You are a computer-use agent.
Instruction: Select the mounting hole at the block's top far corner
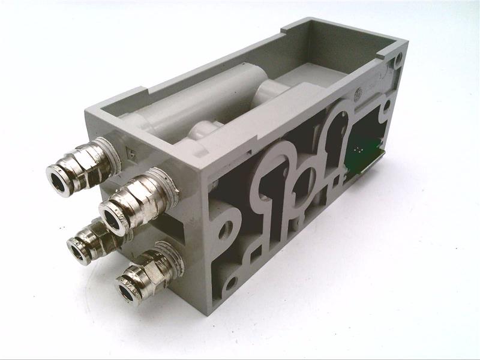point(398,58)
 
